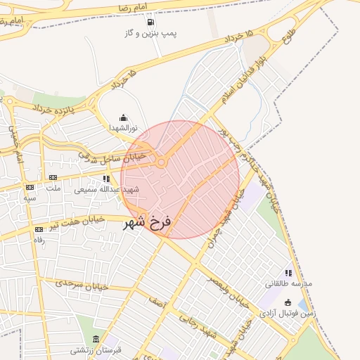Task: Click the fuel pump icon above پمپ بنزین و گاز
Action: [x=150, y=20]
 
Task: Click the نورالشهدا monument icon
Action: [x=124, y=117]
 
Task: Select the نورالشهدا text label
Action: [x=124, y=128]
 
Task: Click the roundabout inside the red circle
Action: [x=162, y=163]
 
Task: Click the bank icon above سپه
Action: [x=30, y=188]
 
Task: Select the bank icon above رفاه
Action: [x=39, y=230]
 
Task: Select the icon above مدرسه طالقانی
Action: [x=288, y=273]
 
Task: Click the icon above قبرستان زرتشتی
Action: [x=96, y=340]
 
